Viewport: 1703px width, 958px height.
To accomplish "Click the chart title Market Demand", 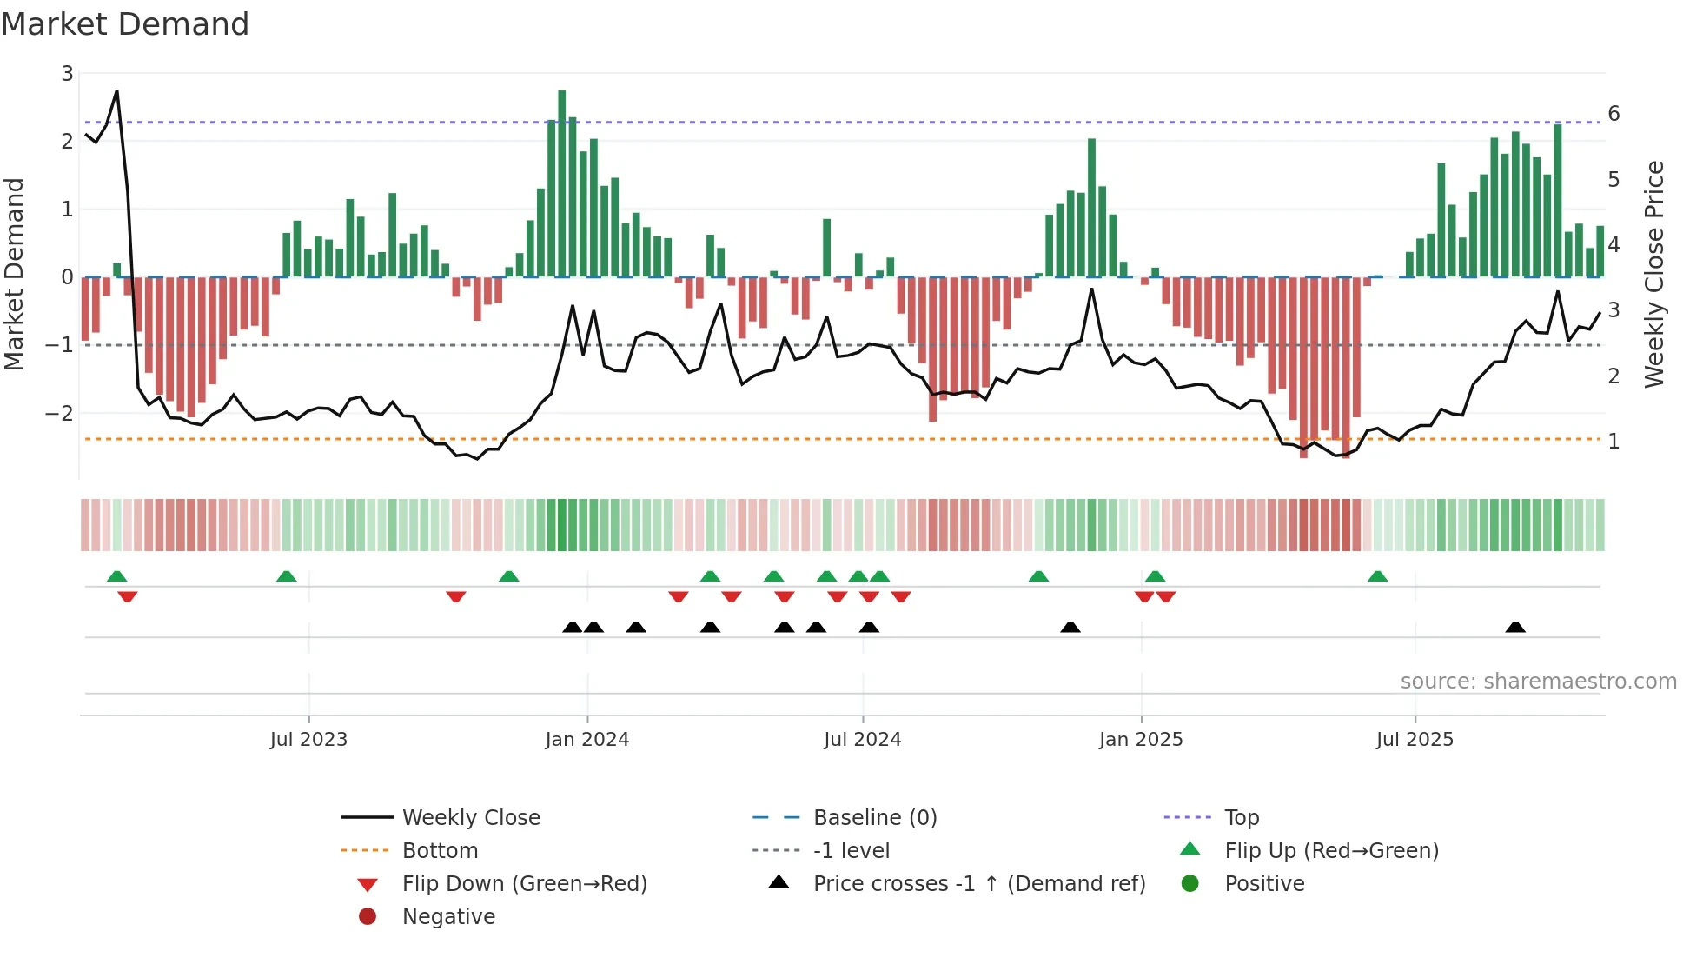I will click(x=125, y=24).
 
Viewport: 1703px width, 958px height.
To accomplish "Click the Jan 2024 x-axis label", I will click(x=586, y=740).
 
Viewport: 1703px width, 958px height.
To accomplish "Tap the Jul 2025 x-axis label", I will click(x=1414, y=740).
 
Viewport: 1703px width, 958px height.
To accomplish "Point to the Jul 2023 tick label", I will click(x=308, y=740).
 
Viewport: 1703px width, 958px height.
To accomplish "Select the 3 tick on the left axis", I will click(x=67, y=74).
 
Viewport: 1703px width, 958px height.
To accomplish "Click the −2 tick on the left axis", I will click(x=60, y=414).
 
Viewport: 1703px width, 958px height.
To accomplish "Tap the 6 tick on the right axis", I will click(x=1614, y=114).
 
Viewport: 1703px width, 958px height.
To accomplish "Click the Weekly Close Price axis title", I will click(x=1653, y=274).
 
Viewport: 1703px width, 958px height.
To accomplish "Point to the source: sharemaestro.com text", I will click(x=1538, y=682).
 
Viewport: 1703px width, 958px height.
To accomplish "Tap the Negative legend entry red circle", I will click(x=368, y=917).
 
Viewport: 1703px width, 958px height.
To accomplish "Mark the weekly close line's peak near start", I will click(x=116, y=91).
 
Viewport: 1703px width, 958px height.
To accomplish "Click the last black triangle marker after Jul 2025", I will click(x=1515, y=627).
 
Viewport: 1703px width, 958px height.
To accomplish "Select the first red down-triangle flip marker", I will click(x=128, y=596).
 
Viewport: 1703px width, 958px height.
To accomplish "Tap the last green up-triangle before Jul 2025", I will click(x=1377, y=576).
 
